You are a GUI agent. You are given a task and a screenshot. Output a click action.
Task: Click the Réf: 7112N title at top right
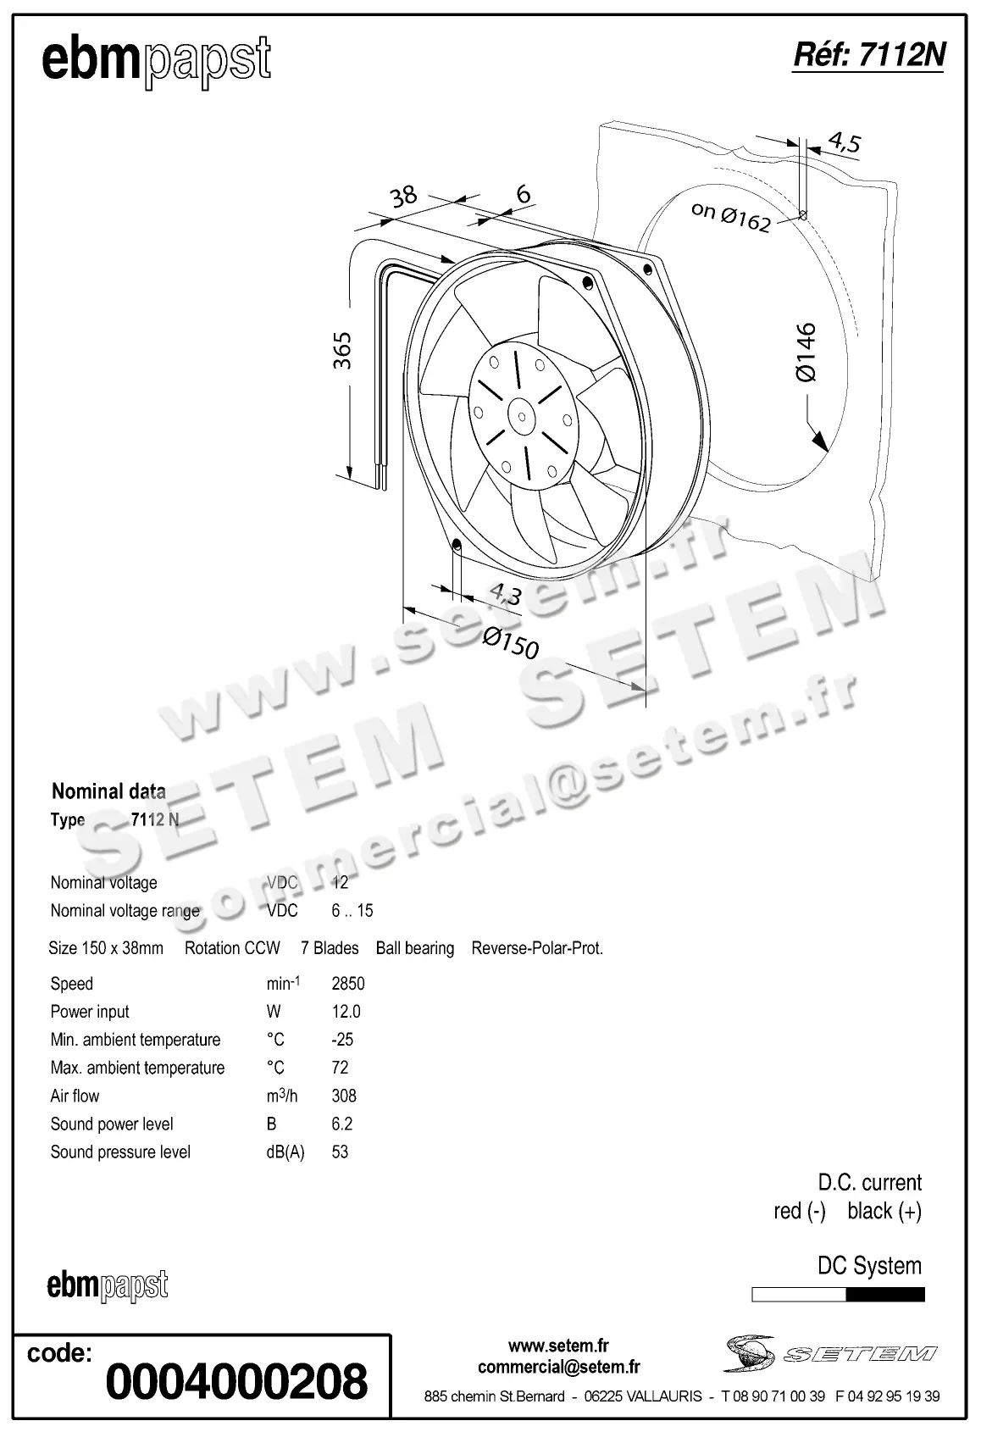click(x=867, y=55)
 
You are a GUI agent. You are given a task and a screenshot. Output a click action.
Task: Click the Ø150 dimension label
click(x=510, y=644)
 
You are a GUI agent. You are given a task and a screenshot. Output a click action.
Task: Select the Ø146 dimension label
click(x=806, y=352)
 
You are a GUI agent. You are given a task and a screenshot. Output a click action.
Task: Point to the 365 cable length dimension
click(x=341, y=350)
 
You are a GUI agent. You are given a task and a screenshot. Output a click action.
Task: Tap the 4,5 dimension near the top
click(x=843, y=142)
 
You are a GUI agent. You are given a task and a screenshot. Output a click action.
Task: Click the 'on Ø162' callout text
click(x=730, y=216)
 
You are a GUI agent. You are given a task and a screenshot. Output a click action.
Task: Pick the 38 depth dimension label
click(x=403, y=197)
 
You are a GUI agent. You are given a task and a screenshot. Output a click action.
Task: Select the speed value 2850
click(x=347, y=984)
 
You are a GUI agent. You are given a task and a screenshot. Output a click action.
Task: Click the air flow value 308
click(x=344, y=1096)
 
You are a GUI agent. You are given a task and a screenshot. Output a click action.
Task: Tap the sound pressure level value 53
click(x=340, y=1152)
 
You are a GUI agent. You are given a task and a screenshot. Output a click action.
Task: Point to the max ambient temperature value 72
click(x=340, y=1068)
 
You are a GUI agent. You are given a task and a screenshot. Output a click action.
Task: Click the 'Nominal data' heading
click(x=108, y=791)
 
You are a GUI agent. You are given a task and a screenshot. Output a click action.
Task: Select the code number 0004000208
click(x=236, y=1382)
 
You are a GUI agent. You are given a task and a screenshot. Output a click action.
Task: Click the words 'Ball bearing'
click(x=414, y=948)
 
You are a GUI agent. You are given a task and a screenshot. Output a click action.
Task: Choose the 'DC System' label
click(x=869, y=1266)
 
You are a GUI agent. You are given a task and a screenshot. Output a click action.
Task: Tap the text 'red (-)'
click(x=799, y=1211)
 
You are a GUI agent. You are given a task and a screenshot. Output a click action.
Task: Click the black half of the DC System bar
click(x=885, y=1294)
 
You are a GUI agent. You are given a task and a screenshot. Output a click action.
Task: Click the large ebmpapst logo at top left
click(x=157, y=61)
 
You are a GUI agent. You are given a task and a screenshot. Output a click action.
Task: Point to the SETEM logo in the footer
click(x=829, y=1352)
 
